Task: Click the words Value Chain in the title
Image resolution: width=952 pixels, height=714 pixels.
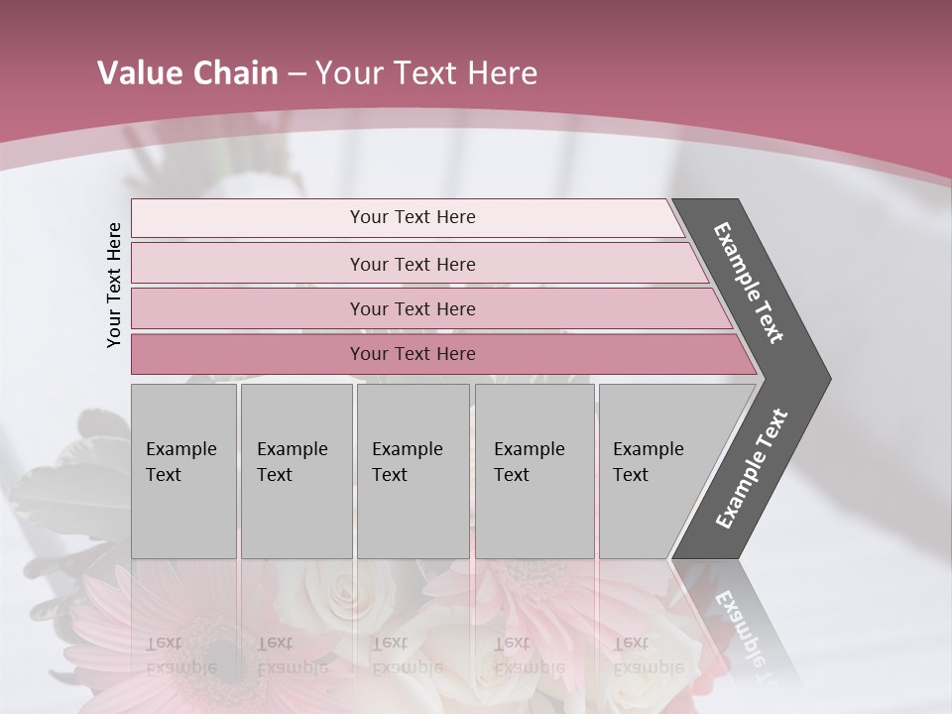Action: click(x=187, y=73)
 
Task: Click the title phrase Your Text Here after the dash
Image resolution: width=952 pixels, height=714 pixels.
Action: click(x=426, y=73)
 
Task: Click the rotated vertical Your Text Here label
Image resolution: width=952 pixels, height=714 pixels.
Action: click(x=114, y=285)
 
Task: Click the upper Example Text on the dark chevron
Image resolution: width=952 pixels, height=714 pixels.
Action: click(x=749, y=283)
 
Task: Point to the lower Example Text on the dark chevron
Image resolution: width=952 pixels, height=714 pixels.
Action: click(x=752, y=469)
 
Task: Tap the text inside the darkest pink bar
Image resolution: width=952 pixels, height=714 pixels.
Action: click(x=413, y=354)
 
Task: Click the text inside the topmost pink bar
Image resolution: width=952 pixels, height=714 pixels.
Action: click(x=413, y=217)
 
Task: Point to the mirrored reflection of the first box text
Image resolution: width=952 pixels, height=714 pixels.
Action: click(x=181, y=655)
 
